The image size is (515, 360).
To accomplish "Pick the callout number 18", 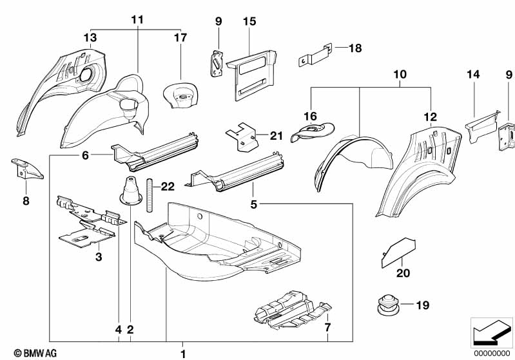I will (356, 48).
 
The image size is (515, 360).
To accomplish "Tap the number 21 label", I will (277, 135).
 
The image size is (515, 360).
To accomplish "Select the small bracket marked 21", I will (244, 137).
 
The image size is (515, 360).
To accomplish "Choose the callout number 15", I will (249, 22).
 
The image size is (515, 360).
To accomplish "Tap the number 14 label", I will (473, 75).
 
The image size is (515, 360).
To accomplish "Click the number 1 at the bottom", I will (183, 353).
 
